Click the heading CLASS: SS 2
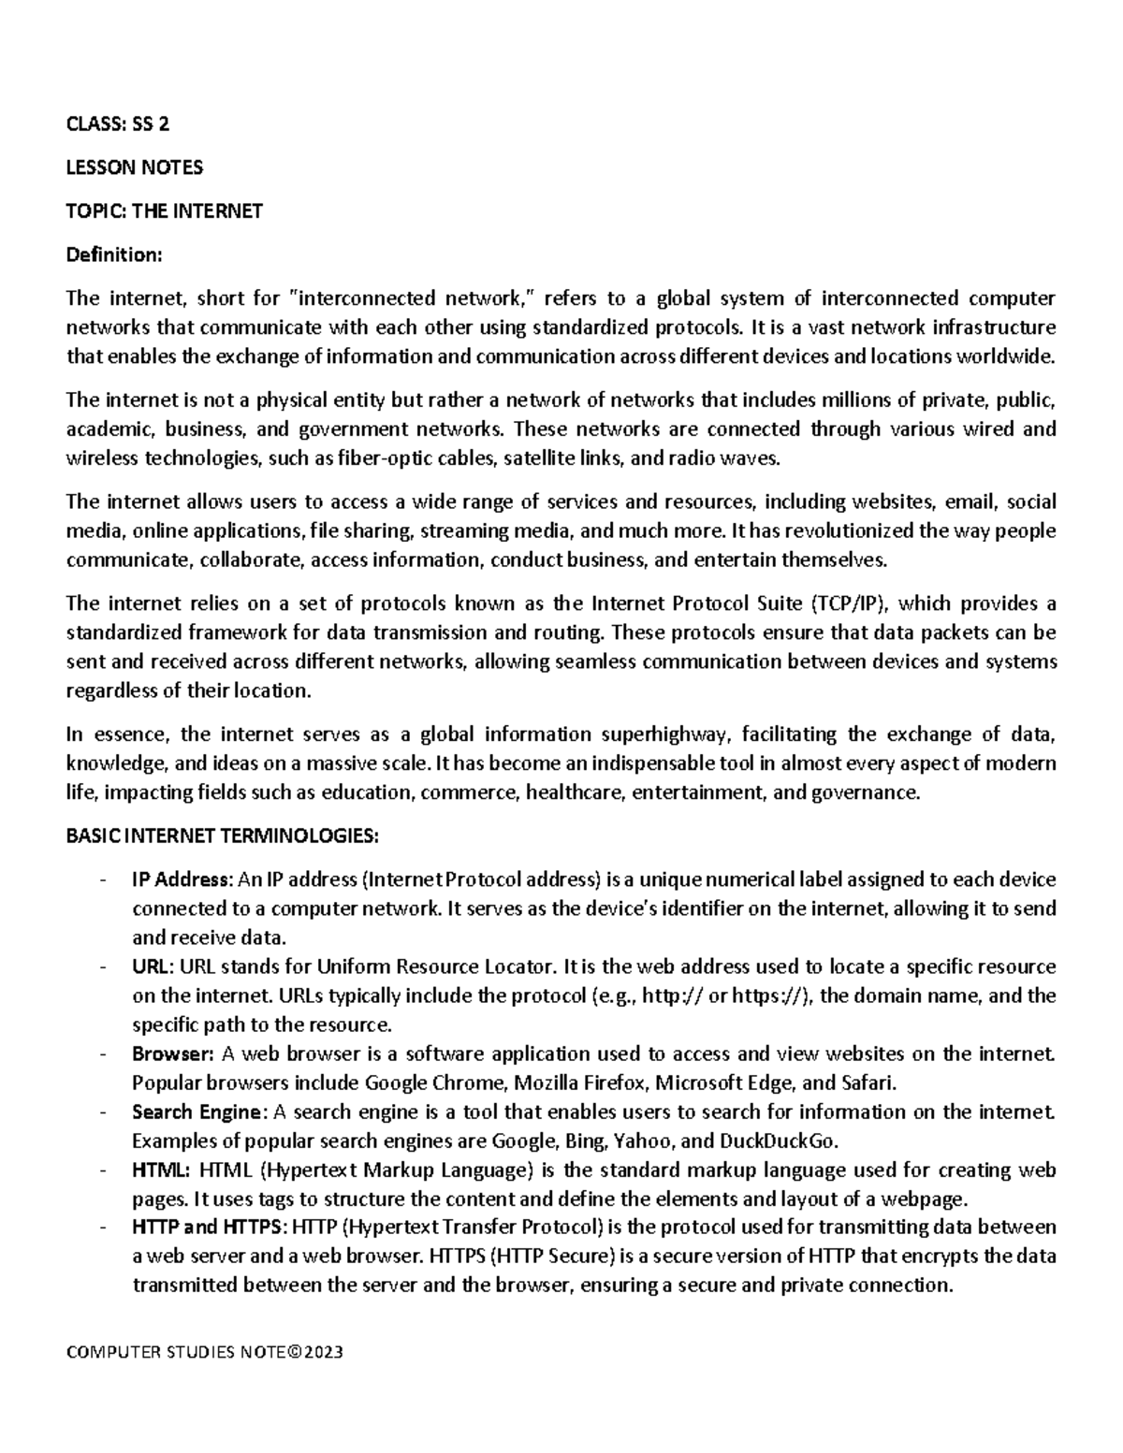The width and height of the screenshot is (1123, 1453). pyautogui.click(x=118, y=124)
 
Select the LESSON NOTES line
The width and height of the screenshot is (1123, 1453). pyautogui.click(x=134, y=167)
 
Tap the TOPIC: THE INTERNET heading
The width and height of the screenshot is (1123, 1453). pyautogui.click(x=164, y=211)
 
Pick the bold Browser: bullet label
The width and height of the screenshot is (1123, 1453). pyautogui.click(x=173, y=1053)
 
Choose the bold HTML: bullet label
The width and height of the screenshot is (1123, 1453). pyautogui.click(x=162, y=1170)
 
